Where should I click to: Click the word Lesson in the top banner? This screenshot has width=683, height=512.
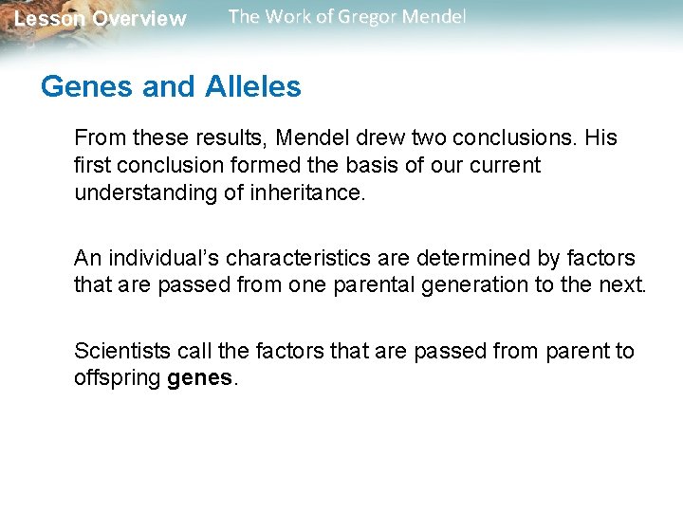48,19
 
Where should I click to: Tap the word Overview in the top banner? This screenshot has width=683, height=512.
139,19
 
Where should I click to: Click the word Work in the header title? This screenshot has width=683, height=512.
284,17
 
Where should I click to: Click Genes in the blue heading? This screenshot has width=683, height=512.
86,87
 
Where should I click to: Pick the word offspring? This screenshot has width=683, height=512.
117,378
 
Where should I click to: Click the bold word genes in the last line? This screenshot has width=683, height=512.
198,378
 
